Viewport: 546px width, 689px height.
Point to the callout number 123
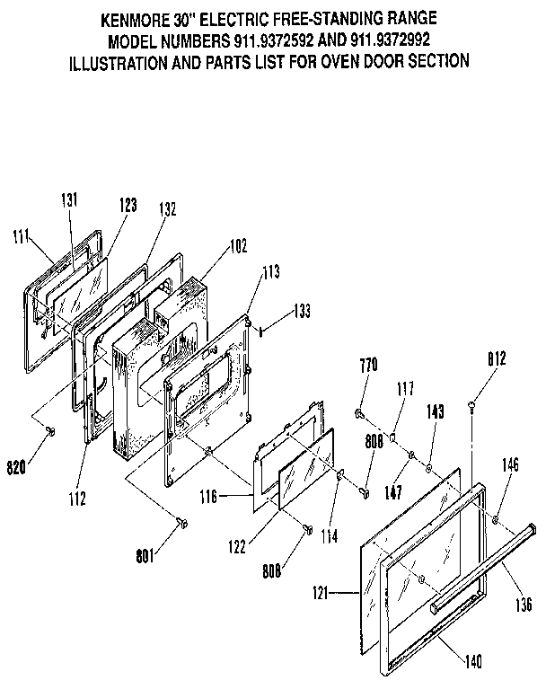pos(126,206)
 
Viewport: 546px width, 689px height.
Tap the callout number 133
pos(304,313)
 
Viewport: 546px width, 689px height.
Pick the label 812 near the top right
pos(496,358)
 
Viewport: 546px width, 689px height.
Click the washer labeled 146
pos(495,522)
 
